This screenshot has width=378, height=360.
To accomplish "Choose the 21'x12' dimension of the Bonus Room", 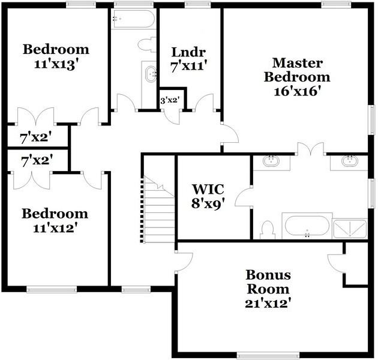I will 268,303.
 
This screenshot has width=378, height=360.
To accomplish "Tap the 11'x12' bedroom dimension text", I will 55,228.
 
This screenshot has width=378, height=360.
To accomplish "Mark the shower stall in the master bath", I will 350,229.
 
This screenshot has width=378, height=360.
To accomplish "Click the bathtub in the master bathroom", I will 306,227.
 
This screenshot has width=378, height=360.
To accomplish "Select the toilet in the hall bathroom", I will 145,44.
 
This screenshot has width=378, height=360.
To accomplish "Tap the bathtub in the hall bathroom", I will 133,19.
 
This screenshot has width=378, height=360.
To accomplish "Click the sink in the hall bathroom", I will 149,76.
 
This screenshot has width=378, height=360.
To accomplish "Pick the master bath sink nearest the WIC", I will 272,161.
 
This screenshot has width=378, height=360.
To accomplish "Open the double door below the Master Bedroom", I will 310,149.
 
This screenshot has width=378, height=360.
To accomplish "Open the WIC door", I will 244,196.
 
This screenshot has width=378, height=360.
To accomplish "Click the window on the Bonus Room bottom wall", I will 259,354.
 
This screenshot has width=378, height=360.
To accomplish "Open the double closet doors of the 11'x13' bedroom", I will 31,116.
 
